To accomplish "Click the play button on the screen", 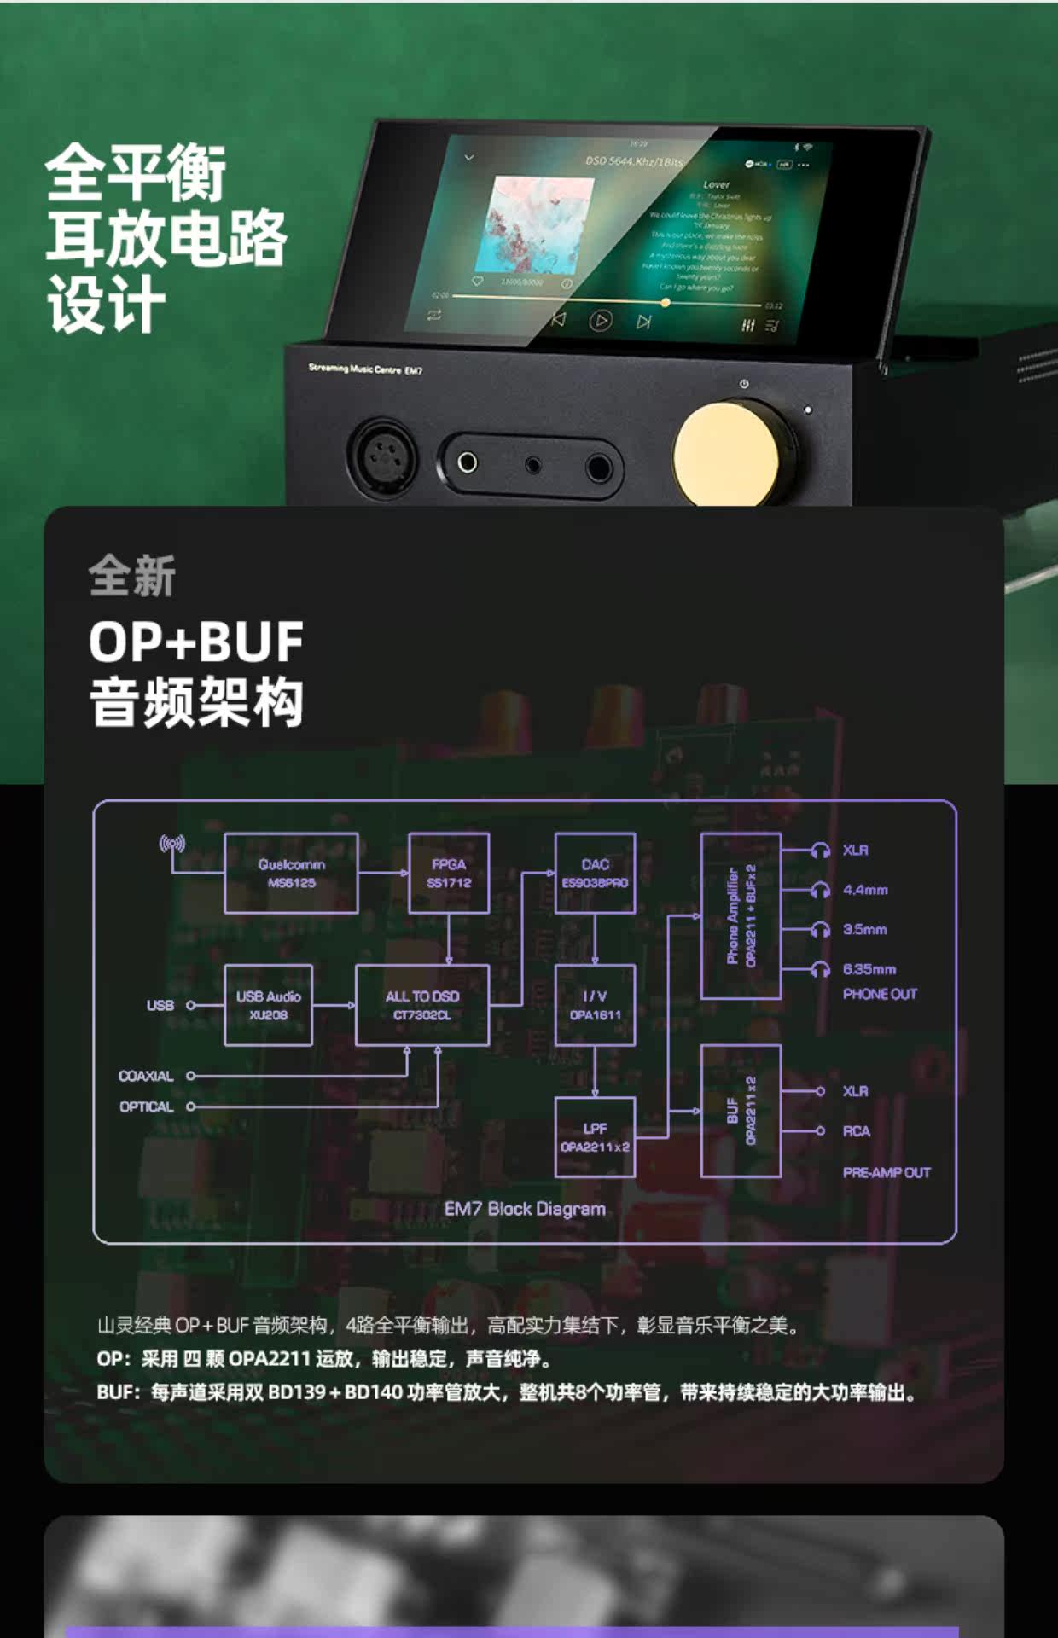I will (601, 321).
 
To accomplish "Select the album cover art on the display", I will (540, 225).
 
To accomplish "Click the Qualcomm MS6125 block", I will (291, 874).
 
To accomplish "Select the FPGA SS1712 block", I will (449, 874).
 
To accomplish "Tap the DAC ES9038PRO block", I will (595, 874).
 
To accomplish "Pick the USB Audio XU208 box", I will (268, 1005).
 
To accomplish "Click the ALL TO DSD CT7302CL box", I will (422, 1005).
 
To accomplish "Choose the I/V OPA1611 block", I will (595, 1005).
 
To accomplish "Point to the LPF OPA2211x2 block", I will (595, 1137).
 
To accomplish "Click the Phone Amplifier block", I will (741, 916).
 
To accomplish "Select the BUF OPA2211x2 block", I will (741, 1111).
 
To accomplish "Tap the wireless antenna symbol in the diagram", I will (172, 845).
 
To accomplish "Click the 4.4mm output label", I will (865, 890).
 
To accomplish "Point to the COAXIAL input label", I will (146, 1077).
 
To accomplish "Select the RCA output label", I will (857, 1131).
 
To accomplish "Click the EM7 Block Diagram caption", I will (525, 1209).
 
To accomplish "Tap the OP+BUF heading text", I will (196, 642).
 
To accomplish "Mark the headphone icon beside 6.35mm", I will (821, 969).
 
